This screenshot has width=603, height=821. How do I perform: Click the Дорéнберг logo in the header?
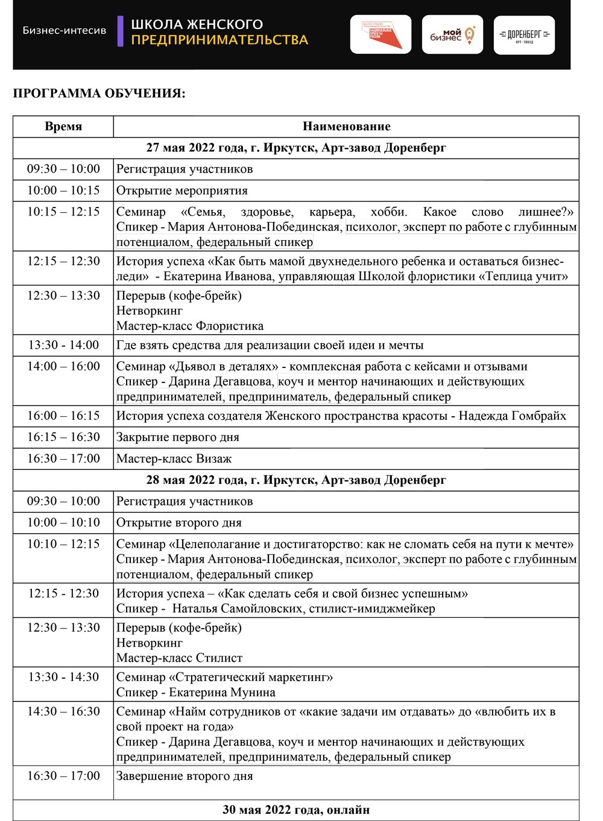[x=524, y=35]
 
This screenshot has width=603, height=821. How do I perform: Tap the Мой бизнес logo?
[x=452, y=35]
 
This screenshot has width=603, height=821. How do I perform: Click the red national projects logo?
[x=380, y=35]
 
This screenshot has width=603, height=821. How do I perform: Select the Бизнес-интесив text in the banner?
[x=65, y=30]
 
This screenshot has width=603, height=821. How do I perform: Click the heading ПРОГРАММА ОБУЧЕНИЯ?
[x=99, y=93]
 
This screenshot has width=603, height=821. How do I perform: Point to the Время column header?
[x=63, y=127]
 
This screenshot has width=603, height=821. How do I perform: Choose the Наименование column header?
[x=346, y=127]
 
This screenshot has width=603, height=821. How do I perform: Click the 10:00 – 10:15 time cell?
[x=63, y=191]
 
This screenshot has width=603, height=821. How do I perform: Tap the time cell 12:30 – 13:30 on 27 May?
[x=63, y=296]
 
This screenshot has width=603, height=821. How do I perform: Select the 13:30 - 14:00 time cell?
[x=63, y=345]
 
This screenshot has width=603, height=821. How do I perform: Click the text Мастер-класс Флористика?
[x=190, y=326]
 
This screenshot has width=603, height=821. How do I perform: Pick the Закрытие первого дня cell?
[x=178, y=437]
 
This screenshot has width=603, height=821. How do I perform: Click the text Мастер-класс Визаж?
[x=174, y=459]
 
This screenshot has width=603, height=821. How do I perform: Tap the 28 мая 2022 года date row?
[x=296, y=480]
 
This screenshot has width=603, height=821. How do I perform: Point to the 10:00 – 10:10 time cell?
[x=63, y=522]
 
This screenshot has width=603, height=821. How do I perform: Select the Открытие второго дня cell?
[x=179, y=523]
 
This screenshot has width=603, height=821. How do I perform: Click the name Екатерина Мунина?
[x=222, y=693]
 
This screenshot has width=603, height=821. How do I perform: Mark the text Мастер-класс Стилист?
[x=179, y=658]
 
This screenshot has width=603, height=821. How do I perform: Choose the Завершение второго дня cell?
[x=185, y=776]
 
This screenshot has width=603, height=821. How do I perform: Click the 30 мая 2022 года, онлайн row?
[x=296, y=810]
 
